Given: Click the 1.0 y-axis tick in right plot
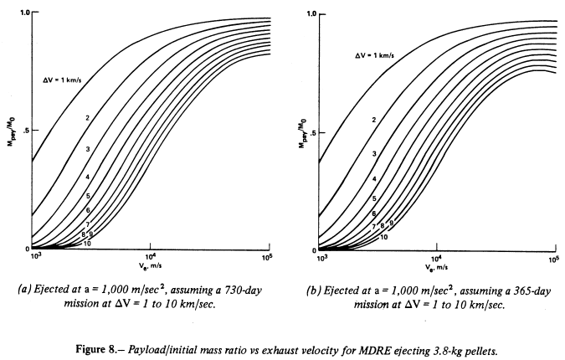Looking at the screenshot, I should click(x=311, y=14).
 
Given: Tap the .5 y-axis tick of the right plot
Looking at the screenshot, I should click(x=311, y=132).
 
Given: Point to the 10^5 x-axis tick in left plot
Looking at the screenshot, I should click(x=268, y=256).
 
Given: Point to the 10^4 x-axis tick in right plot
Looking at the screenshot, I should click(x=436, y=258).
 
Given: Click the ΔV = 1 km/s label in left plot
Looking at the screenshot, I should click(x=66, y=80).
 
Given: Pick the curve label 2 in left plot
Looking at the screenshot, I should click(x=87, y=117).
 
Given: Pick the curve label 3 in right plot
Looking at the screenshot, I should click(x=374, y=153).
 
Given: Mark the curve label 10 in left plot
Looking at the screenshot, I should click(x=86, y=243).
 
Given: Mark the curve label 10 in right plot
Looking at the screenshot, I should click(x=383, y=237).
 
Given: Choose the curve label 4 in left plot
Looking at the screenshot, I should click(x=87, y=177).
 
